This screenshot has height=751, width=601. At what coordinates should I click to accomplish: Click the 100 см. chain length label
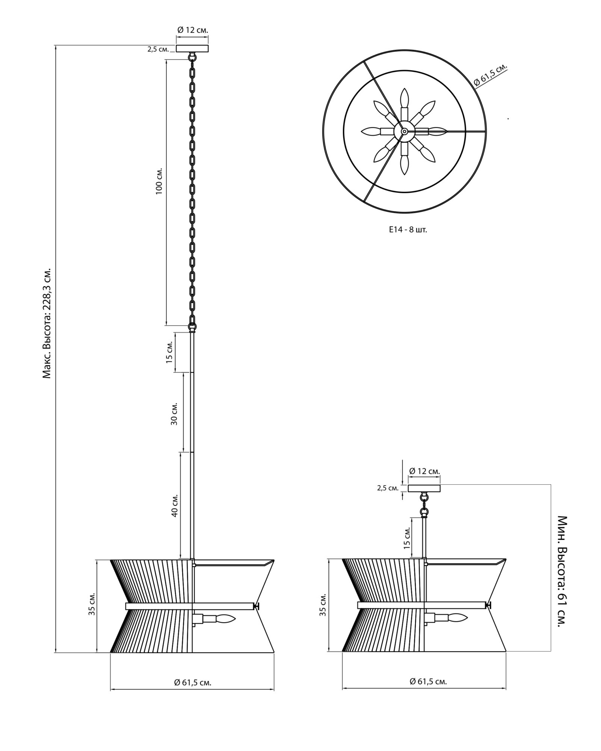tap(159, 181)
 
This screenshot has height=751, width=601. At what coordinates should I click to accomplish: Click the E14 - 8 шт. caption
tap(408, 229)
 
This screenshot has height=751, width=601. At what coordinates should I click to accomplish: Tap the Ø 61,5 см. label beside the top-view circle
tap(491, 75)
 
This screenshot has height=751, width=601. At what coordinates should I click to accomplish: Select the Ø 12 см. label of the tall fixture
tap(193, 30)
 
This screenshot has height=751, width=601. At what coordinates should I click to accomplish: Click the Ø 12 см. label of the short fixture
tap(424, 471)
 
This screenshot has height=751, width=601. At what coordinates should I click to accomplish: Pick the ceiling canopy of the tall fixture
tap(192, 48)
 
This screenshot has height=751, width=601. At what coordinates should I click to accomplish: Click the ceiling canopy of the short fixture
tap(424, 488)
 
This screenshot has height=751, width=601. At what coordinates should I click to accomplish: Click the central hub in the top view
tap(404, 131)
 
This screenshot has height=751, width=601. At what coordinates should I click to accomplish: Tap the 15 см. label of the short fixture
tap(406, 537)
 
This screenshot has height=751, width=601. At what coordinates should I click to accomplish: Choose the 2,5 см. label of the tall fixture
tap(158, 49)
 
